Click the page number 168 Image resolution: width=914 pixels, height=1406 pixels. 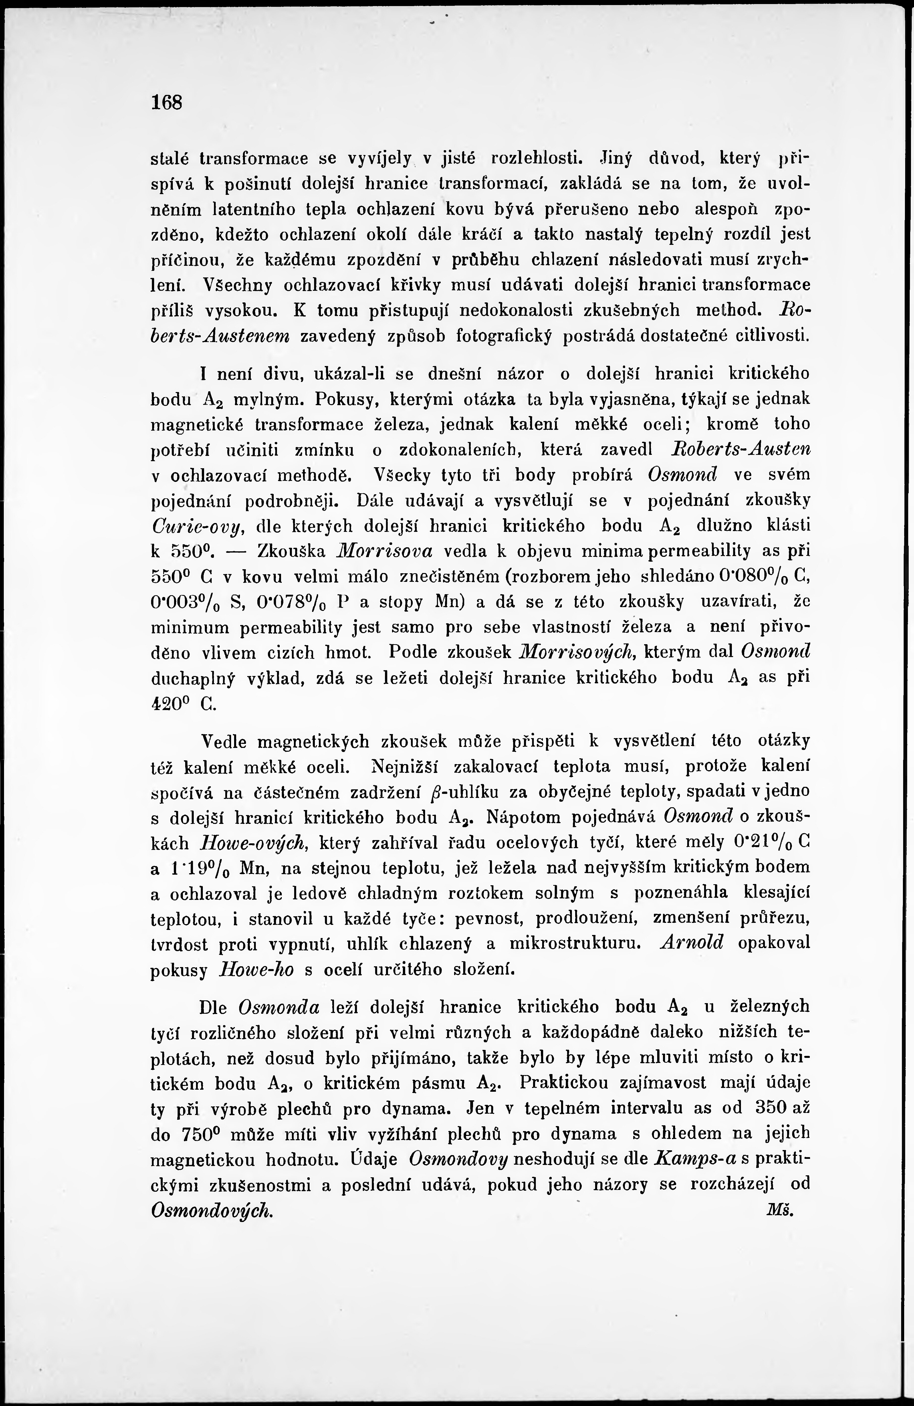[x=167, y=102]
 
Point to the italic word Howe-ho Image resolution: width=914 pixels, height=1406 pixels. [x=256, y=969]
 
